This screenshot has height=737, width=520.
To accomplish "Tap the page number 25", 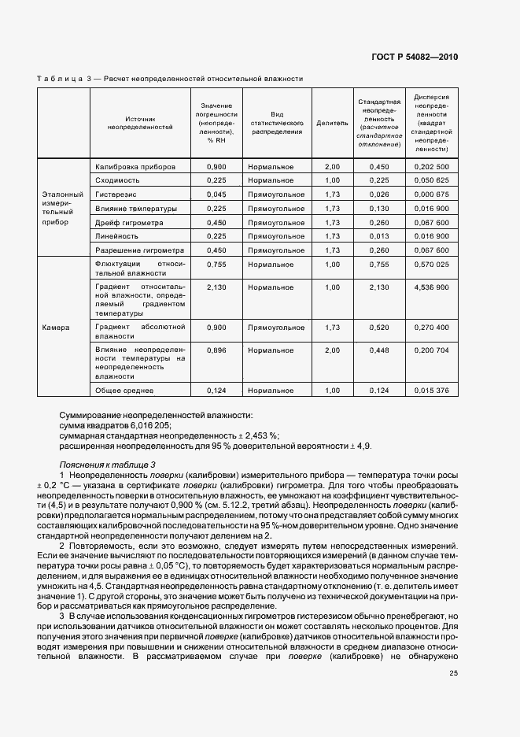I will pyautogui.click(x=453, y=694).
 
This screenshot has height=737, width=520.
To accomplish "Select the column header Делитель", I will pyautogui.click(x=331, y=123).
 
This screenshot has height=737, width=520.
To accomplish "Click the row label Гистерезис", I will pyautogui.click(x=117, y=194).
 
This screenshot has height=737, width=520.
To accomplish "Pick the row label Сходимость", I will pyautogui.click(x=118, y=180).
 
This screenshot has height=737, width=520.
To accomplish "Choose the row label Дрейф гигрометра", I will pyautogui.click(x=129, y=222).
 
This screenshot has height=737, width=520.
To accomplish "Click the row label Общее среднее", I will pyautogui.click(x=124, y=390).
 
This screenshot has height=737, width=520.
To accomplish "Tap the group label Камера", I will pyautogui.click(x=56, y=328).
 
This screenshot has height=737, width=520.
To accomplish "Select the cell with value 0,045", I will pyautogui.click(x=216, y=194).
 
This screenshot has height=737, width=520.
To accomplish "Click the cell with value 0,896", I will pyautogui.click(x=216, y=348).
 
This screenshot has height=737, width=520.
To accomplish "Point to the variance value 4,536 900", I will pyautogui.click(x=431, y=287).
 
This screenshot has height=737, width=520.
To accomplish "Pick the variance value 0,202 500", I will pyautogui.click(x=431, y=167).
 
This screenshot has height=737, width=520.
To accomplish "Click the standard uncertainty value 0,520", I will pyautogui.click(x=379, y=327).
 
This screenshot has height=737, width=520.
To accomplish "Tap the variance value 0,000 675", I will pyautogui.click(x=431, y=194).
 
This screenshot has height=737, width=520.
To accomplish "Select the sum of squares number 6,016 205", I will pyautogui.click(x=146, y=424).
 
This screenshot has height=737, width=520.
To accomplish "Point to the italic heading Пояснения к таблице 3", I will pyautogui.click(x=108, y=465).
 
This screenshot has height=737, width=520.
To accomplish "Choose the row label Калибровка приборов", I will pyautogui.click(x=130, y=167).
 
